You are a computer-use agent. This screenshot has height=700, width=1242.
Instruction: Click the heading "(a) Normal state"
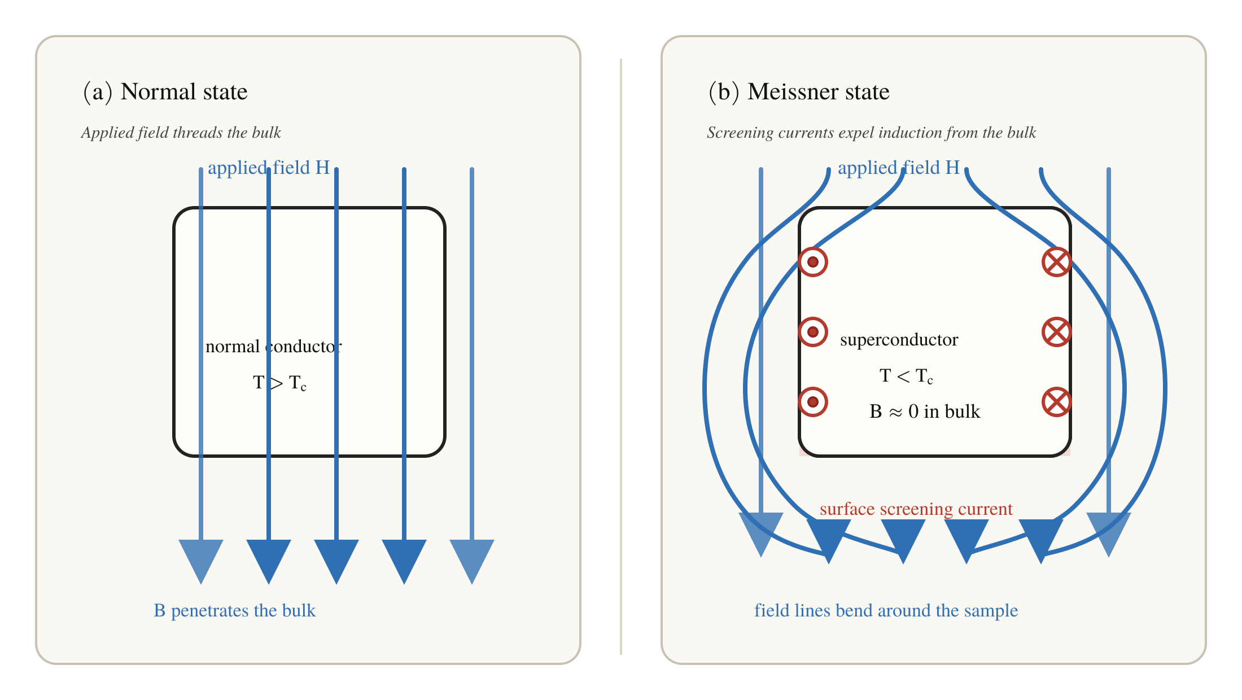[165, 91]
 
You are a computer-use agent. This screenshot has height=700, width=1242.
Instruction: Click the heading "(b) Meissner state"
[799, 91]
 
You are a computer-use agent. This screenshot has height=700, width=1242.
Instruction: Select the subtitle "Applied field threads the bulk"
[181, 133]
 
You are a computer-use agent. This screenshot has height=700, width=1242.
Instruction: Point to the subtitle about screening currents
[872, 133]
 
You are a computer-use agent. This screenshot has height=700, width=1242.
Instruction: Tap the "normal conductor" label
[274, 346]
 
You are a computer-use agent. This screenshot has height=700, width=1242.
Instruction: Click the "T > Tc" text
[280, 383]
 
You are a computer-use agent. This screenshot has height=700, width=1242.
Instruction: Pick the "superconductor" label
[899, 340]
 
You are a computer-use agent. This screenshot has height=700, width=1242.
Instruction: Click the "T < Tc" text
[907, 376]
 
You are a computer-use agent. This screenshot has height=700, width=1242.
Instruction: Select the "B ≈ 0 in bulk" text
[925, 412]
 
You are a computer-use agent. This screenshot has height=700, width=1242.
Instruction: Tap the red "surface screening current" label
[916, 509]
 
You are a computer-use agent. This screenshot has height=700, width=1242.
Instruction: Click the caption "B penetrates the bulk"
[235, 611]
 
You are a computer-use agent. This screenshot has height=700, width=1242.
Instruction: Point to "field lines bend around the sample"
[886, 611]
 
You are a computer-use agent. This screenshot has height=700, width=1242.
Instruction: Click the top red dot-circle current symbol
[813, 262]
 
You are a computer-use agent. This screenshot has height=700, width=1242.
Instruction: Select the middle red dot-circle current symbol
[813, 332]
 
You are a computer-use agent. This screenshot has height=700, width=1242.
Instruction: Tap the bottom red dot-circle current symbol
[813, 402]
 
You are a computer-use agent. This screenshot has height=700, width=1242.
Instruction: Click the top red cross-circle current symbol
[1057, 262]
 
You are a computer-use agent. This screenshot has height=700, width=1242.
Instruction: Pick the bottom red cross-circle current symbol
[1057, 402]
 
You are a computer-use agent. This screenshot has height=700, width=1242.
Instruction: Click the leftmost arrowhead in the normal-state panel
[201, 559]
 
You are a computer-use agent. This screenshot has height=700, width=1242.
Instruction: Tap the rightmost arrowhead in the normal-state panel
[472, 559]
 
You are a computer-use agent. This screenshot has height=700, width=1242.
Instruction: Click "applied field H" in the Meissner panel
[899, 168]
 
